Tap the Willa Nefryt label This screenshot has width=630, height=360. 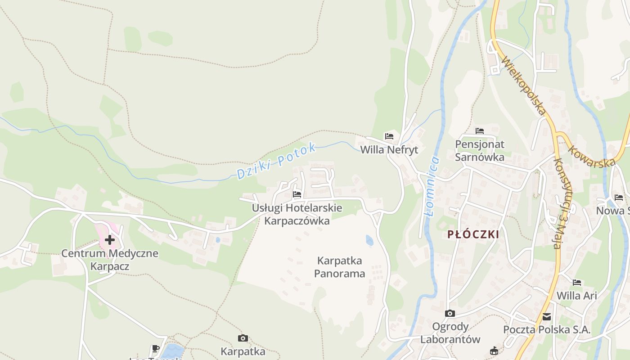(x=389, y=150)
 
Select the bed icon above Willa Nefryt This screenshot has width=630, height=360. (x=389, y=136)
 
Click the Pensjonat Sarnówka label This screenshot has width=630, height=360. (x=480, y=151)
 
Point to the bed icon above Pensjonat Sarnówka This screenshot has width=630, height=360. (x=480, y=131)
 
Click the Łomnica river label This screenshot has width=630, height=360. (x=431, y=186)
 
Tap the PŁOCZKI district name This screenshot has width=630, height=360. (x=473, y=234)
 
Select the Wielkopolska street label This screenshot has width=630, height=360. (x=524, y=85)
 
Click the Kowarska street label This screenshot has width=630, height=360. (x=591, y=156)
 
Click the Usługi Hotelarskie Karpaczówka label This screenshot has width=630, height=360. (x=297, y=215)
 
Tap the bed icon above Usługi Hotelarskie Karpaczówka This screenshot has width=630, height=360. (x=297, y=194)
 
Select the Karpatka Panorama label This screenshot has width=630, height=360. (x=340, y=267)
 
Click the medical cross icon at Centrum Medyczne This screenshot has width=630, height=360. (x=109, y=240)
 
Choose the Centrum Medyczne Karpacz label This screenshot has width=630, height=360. (x=110, y=260)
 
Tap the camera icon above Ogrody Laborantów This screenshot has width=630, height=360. (x=450, y=313)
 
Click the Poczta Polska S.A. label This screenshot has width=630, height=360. (x=547, y=329)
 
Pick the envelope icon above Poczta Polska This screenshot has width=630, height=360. (x=547, y=317)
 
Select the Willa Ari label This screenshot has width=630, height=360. (x=577, y=296)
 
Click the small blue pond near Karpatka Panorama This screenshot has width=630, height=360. (x=369, y=240)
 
